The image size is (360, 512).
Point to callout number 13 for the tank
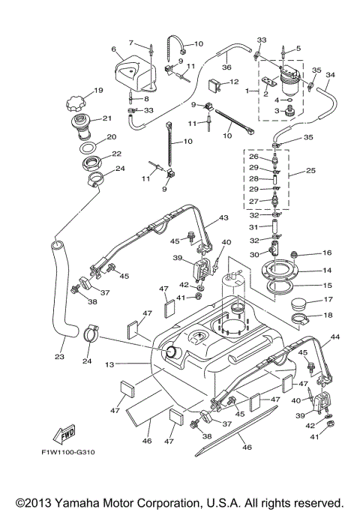pos(109,364)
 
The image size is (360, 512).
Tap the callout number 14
pos(326,270)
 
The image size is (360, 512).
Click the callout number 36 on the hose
pos(226,66)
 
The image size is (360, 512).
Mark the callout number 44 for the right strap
pos(335,337)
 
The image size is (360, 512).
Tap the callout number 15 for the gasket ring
pos(326,285)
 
